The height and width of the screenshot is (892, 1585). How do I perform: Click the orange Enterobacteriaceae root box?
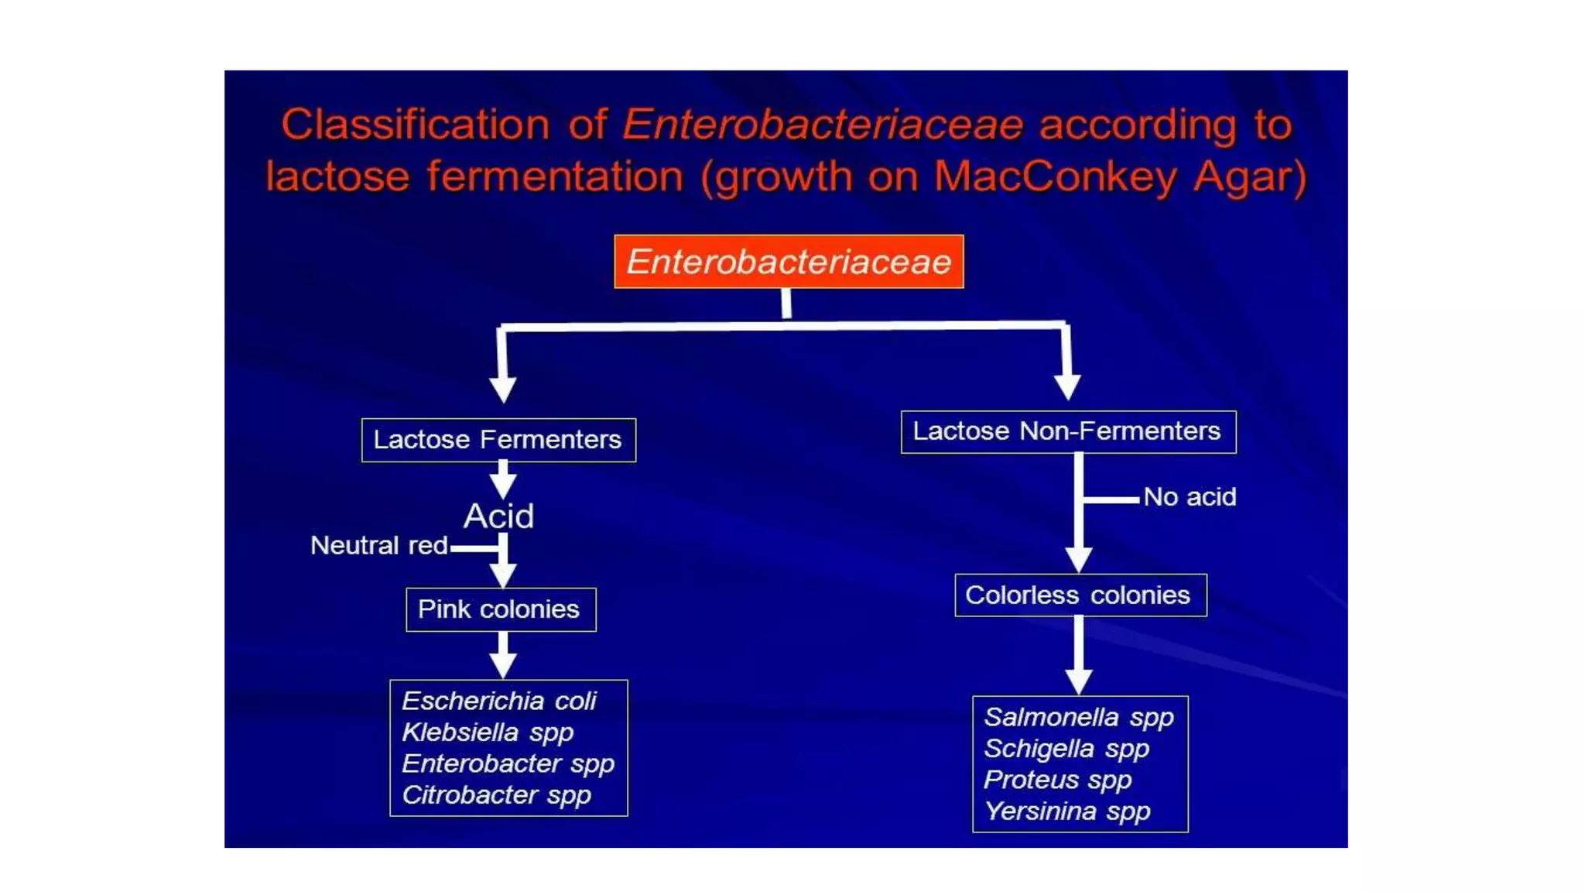789,262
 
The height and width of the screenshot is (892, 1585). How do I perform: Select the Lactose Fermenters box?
498,440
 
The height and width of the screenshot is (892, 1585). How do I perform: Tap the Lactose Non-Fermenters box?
1068,431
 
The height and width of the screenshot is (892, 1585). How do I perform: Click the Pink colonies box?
500,609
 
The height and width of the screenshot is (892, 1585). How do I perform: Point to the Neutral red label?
378,545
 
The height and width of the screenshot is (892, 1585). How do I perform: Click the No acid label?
1190,496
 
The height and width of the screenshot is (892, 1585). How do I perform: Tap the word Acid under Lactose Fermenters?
498,516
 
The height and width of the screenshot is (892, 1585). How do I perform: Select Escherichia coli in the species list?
499,701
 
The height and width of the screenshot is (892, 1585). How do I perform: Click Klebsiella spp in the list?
488,732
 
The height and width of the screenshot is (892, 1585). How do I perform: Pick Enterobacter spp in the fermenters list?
508,763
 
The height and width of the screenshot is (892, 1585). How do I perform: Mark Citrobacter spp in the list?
496,795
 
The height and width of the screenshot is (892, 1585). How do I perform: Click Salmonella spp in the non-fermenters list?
1079,717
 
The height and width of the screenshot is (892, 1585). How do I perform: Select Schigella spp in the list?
1066,749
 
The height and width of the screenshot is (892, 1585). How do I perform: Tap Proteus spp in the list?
1057,780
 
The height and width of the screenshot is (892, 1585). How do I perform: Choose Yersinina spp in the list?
1067,811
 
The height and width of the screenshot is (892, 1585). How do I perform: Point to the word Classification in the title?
416,125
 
